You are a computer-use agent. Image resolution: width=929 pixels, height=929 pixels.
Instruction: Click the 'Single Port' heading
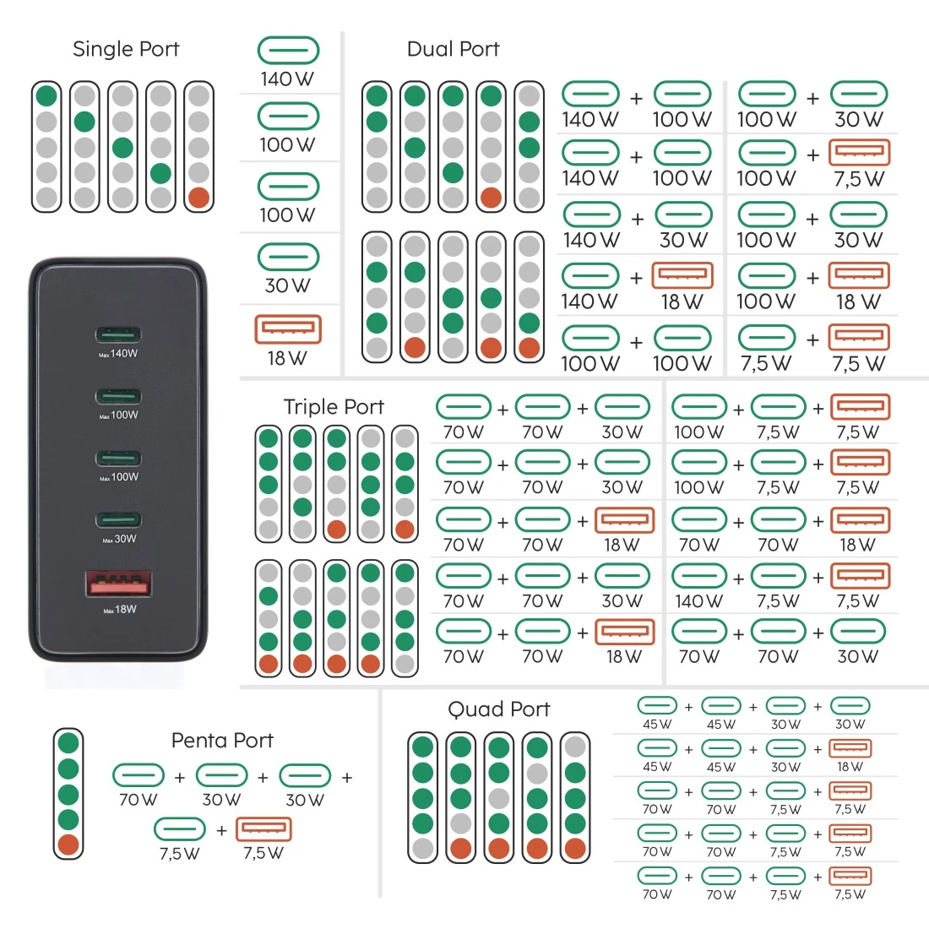tap(126, 49)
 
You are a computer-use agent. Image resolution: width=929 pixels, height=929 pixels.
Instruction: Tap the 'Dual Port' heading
tap(454, 49)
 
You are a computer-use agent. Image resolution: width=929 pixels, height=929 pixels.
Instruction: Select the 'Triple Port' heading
tap(334, 407)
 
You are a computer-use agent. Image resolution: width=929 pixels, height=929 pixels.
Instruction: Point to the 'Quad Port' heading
tap(499, 709)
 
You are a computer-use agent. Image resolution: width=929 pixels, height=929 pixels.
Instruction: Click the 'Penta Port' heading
tap(222, 740)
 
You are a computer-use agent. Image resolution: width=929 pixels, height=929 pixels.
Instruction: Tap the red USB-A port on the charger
tap(118, 584)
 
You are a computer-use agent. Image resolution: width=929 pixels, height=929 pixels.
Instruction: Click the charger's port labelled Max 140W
tap(118, 334)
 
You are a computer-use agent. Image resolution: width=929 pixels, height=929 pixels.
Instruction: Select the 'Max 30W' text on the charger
tap(119, 539)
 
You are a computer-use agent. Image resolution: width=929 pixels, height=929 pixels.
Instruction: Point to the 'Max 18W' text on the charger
tap(120, 609)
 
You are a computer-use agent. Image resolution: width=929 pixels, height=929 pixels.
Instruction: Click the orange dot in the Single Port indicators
tap(198, 198)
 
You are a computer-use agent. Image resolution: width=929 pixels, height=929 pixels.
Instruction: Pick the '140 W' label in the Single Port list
tap(287, 79)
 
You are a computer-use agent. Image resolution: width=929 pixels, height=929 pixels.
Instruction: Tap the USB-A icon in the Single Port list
tap(288, 329)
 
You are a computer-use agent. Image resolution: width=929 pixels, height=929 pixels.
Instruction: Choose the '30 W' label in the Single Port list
tap(287, 285)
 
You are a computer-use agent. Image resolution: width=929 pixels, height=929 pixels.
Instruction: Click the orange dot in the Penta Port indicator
tap(68, 845)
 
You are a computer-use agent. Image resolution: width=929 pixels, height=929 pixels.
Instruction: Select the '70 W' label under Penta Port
tap(138, 800)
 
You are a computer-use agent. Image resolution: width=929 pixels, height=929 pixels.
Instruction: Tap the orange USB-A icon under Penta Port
tap(263, 829)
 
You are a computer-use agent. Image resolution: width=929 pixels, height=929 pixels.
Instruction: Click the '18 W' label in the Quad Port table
tap(850, 767)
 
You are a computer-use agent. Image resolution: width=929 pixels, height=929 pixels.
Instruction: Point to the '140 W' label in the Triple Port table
tap(699, 601)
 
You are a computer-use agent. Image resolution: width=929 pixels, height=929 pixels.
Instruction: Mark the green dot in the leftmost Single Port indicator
tap(46, 95)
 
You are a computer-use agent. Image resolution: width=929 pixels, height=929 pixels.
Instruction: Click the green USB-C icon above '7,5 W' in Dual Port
tap(767, 338)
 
